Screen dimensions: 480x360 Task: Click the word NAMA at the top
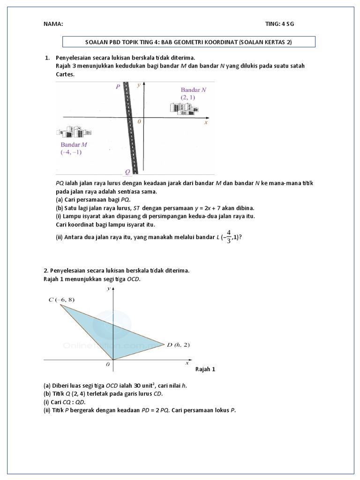coord(52,24)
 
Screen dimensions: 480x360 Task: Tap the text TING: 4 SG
coord(280,24)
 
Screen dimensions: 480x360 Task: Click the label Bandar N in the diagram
coord(194,89)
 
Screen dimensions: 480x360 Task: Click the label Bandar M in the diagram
coord(74,144)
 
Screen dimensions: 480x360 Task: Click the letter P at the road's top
coord(118,87)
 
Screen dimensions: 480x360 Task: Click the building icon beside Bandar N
coord(183,107)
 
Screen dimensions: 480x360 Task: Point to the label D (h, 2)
coord(178,345)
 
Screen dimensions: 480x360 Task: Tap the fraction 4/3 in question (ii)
coord(228,237)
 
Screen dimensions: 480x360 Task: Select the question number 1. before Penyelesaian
coord(47,58)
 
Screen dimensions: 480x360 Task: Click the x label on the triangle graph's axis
coord(187,363)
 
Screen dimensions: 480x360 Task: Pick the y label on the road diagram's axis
coord(138,86)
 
